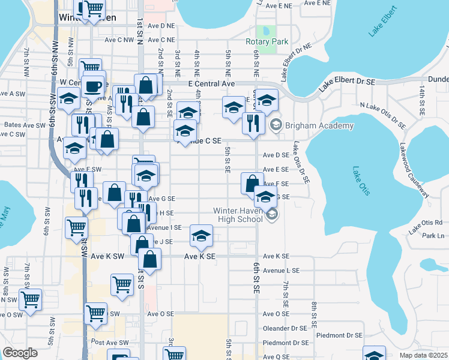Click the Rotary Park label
pos(267,42)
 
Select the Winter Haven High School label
pos(238,214)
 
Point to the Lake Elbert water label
pos(384,22)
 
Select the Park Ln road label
pos(432,236)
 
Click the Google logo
pos(20,353)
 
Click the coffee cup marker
pos(93,85)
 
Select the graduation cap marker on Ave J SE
pos(201,235)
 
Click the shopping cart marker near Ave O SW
pos(95,312)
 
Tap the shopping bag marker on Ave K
pos(149,259)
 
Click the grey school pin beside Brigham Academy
pos(276,125)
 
